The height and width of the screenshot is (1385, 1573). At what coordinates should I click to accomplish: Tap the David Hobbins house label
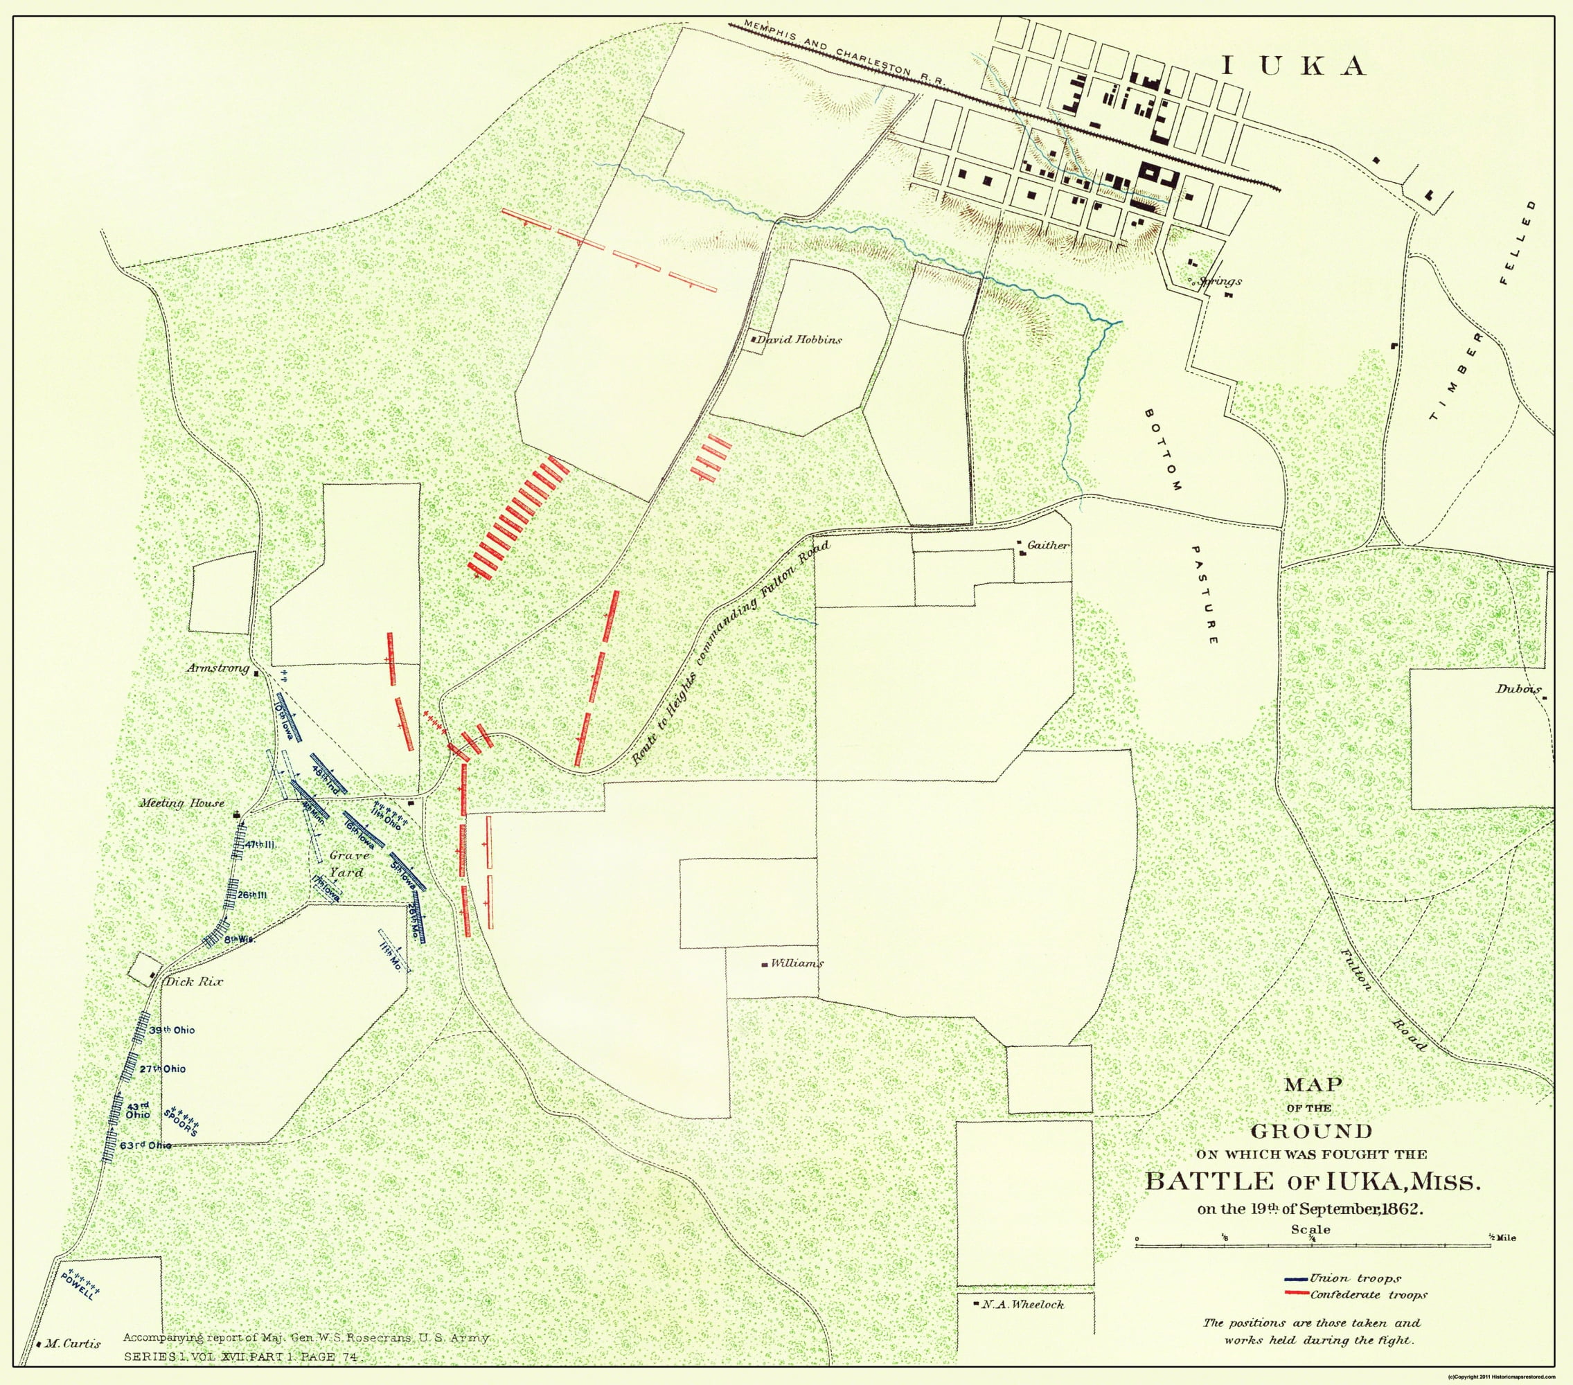pos(800,339)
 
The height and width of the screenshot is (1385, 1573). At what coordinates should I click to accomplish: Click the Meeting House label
pos(181,803)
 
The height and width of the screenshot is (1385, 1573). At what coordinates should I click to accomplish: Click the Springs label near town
pos(1220,282)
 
